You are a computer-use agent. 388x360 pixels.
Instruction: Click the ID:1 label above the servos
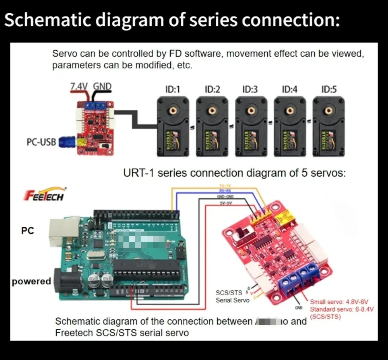pos(173,90)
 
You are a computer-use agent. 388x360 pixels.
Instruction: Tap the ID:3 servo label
pos(250,90)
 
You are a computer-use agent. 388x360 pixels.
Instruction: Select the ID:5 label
pos(329,90)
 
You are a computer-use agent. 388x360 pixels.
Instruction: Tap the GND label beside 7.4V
pos(102,86)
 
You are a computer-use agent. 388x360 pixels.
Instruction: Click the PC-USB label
pos(41,142)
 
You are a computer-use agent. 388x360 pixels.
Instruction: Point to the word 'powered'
pos(31,281)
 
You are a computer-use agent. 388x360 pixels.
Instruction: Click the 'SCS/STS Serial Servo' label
pos(232,296)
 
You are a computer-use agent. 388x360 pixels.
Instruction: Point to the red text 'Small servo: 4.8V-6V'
pos(339,301)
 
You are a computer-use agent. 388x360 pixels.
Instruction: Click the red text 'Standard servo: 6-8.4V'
pos(341,309)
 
